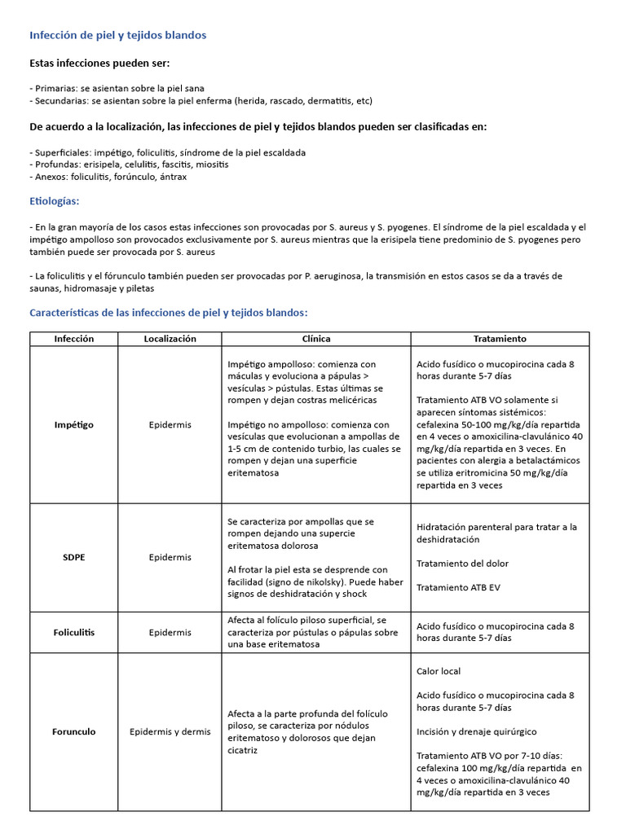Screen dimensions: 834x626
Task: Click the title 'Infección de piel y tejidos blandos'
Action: tap(117, 35)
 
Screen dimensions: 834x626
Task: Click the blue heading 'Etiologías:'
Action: tap(54, 200)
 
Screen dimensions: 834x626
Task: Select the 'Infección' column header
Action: tap(73, 339)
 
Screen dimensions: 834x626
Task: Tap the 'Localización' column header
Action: tap(170, 339)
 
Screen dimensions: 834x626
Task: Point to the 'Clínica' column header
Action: tap(316, 339)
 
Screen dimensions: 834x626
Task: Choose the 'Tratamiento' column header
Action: tap(500, 339)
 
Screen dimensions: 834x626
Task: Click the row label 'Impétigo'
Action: tap(73, 424)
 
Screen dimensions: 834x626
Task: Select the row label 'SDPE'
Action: tap(73, 557)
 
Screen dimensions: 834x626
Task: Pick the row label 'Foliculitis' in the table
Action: tap(73, 632)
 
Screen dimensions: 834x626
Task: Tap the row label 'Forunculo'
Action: tap(73, 731)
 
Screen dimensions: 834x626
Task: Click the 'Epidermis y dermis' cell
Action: tap(170, 731)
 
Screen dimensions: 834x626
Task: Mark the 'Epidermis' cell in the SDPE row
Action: tap(170, 557)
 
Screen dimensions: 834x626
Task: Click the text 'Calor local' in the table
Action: tap(439, 671)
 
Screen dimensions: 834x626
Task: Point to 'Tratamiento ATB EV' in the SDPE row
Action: tap(459, 587)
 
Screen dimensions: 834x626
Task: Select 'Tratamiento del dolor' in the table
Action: tap(462, 563)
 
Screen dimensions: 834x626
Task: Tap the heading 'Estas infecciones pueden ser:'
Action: tap(99, 64)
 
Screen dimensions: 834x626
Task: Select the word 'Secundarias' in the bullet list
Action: tap(60, 100)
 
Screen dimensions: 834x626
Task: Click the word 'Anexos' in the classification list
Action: tap(51, 177)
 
